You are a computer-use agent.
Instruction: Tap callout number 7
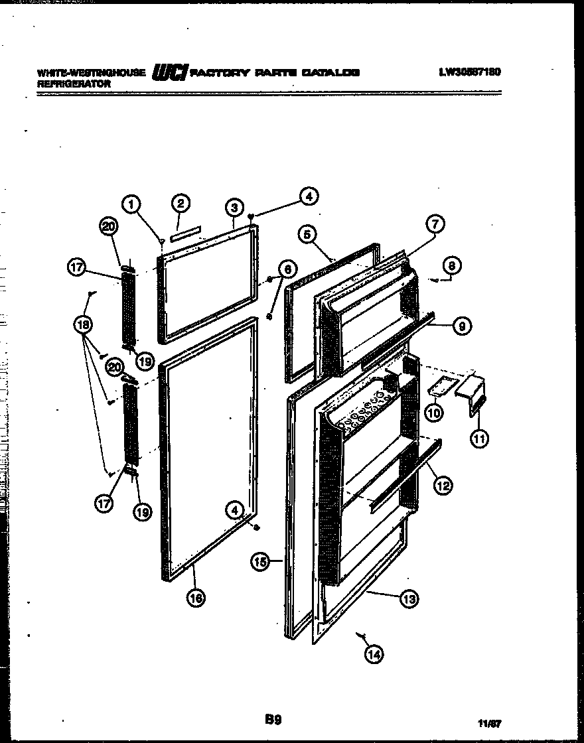pyautogui.click(x=435, y=225)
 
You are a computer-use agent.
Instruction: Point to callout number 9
pyautogui.click(x=462, y=325)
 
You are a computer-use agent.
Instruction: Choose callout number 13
pyautogui.click(x=409, y=599)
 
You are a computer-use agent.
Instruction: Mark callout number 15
pyautogui.click(x=260, y=562)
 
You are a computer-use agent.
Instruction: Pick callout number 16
pyautogui.click(x=194, y=598)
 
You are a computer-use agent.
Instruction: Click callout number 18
pyautogui.click(x=84, y=325)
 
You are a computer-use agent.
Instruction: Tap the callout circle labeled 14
pyautogui.click(x=374, y=655)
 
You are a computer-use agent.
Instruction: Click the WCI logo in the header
pyautogui.click(x=171, y=71)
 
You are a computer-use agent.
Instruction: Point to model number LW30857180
pyautogui.click(x=469, y=72)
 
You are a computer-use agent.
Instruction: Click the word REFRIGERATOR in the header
pyautogui.click(x=74, y=85)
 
